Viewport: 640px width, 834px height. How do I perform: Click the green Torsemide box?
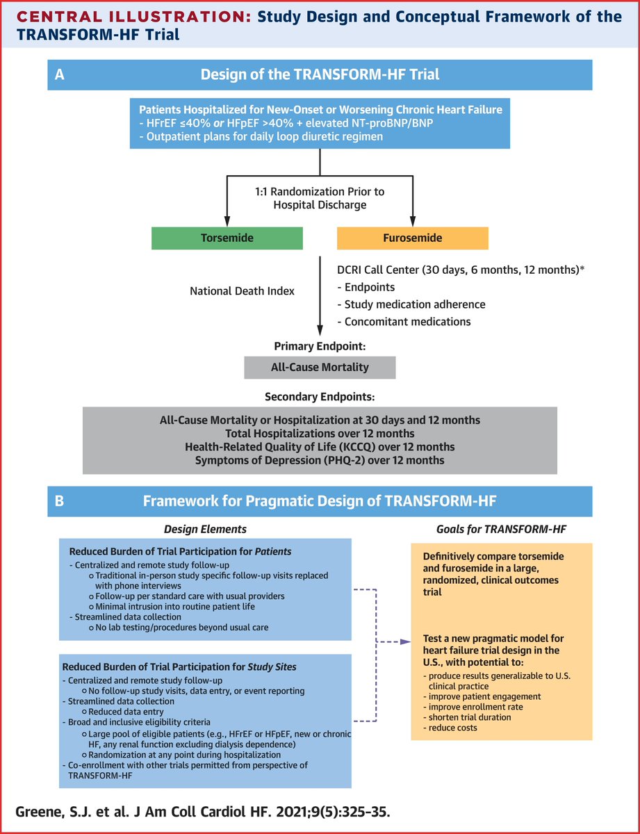pos(227,238)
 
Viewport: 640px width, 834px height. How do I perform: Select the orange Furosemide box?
pos(413,238)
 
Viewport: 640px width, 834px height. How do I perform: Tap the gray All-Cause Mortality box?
pos(320,367)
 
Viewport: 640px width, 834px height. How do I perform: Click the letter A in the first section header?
pos(60,74)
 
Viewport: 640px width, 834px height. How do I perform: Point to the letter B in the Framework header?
pos(60,501)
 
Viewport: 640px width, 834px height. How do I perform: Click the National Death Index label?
pos(242,291)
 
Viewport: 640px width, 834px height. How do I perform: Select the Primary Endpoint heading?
pos(320,346)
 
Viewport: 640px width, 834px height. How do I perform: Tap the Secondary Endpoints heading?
pos(320,396)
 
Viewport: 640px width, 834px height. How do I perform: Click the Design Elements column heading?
pos(205,530)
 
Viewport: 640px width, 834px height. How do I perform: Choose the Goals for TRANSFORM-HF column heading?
pos(501,530)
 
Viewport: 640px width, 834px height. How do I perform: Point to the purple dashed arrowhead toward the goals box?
pos(405,641)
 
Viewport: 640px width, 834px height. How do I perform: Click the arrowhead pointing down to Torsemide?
pos(227,221)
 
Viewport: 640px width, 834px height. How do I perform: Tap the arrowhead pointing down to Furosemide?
pos(413,221)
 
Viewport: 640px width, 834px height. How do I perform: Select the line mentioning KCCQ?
pos(320,447)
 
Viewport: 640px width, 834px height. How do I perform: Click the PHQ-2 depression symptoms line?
pos(320,460)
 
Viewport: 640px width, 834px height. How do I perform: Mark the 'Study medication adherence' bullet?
pos(411,304)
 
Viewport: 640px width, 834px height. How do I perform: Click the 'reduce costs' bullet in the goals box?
pos(450,728)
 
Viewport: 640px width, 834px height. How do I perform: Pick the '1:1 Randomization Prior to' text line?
pos(320,192)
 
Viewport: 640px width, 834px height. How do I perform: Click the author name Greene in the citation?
pos(38,812)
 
